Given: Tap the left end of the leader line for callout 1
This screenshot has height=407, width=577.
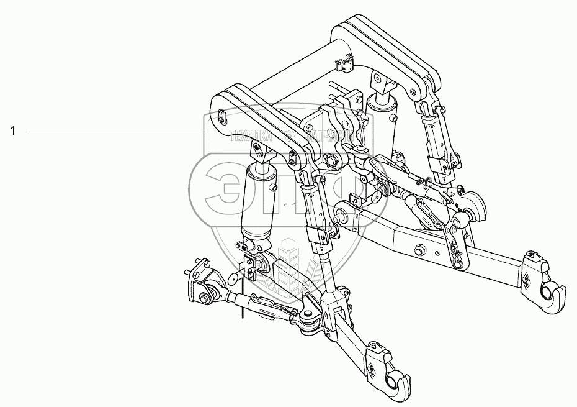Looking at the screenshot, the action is pyautogui.click(x=28, y=130).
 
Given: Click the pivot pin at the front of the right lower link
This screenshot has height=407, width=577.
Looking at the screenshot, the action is pyautogui.click(x=342, y=215).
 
